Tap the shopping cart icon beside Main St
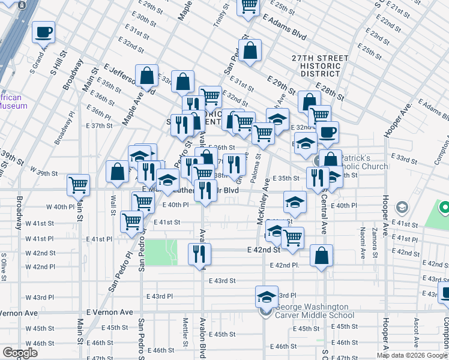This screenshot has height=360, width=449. [78, 185]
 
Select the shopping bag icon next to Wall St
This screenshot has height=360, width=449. [118, 172]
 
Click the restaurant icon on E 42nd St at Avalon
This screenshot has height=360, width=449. [199, 254]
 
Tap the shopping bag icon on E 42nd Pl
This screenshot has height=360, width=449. [322, 256]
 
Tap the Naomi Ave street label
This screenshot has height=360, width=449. [363, 246]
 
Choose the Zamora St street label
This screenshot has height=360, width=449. [374, 240]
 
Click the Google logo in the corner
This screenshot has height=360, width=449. [20, 353]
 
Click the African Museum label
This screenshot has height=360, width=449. [13, 101]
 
